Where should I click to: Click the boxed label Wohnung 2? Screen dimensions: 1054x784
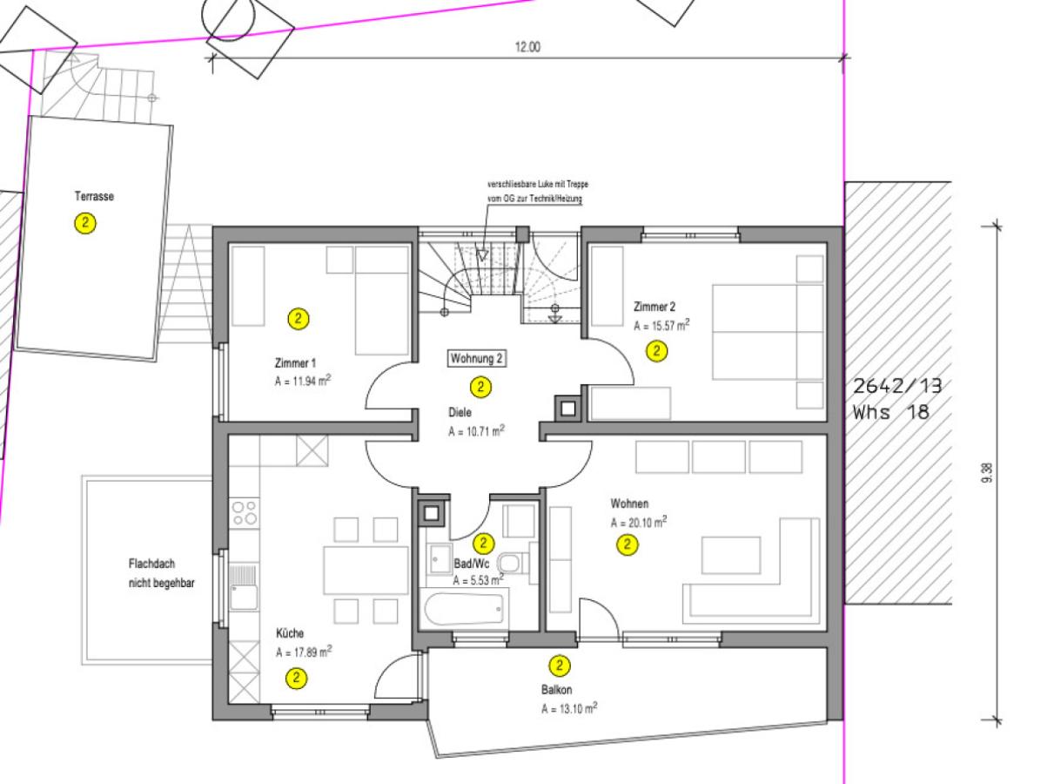pos(477,359)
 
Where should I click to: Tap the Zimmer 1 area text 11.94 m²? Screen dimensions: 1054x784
pos(303,381)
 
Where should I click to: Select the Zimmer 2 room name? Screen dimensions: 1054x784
pos(655,307)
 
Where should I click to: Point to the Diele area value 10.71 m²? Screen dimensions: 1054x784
pos(477,430)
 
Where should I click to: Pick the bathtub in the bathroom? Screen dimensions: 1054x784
pos(463,609)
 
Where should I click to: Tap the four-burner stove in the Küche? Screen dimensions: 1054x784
pos(245,513)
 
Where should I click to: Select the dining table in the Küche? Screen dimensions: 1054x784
pos(366,571)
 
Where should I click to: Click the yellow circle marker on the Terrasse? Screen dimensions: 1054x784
pos(85,223)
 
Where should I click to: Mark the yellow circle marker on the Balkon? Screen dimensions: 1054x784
pos(560,666)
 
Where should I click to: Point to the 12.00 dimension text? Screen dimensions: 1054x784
pos(527,47)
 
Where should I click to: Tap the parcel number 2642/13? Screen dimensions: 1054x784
pos(897,386)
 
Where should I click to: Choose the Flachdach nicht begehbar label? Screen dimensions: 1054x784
pos(162,573)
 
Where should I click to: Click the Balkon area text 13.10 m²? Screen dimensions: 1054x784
pos(569,708)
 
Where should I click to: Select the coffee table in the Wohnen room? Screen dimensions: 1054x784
pos(731,555)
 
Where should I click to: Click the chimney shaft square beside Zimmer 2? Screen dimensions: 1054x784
pos(568,409)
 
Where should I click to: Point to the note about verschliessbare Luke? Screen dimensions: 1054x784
pos(538,192)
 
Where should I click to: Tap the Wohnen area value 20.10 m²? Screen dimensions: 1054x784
pos(638,522)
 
